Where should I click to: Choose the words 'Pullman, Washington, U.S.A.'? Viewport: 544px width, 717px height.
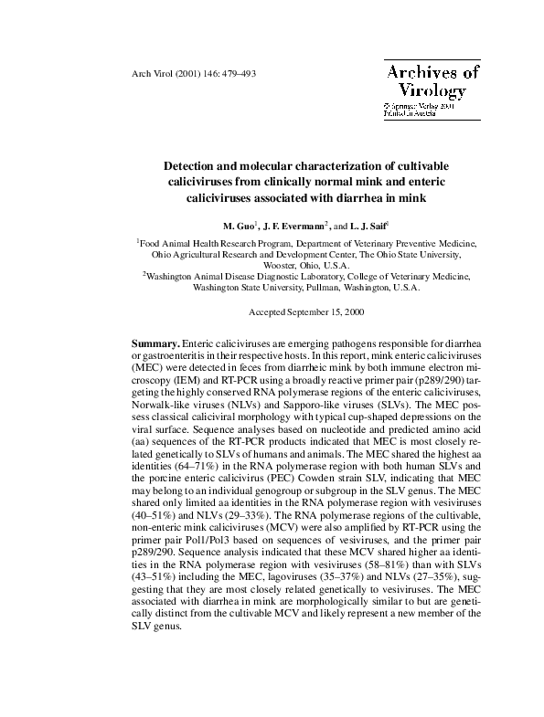(x=362, y=287)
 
